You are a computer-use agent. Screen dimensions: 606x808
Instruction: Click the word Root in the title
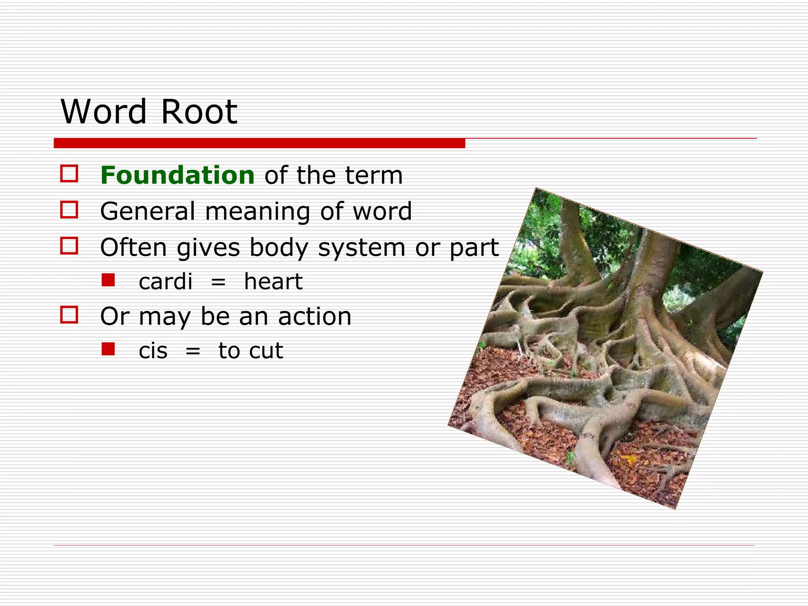pos(199,112)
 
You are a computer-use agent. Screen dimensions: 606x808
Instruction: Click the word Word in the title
pos(104,112)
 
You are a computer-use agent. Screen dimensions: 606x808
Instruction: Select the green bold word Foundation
pos(178,175)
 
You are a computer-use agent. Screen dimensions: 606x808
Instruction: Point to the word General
pos(148,211)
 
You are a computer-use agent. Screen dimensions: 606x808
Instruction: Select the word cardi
pos(166,282)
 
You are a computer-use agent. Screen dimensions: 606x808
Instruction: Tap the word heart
pos(273,282)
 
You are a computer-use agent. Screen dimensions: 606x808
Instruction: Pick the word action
pos(314,316)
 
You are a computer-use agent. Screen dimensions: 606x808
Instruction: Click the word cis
pos(153,351)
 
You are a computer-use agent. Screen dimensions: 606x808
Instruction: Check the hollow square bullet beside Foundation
pos(69,174)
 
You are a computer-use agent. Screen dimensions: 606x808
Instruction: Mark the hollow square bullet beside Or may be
pos(69,315)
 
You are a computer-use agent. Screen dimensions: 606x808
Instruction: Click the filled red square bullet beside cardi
pos(108,280)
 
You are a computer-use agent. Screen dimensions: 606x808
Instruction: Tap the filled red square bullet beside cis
pos(108,349)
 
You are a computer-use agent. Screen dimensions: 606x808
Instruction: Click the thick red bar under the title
pos(259,143)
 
